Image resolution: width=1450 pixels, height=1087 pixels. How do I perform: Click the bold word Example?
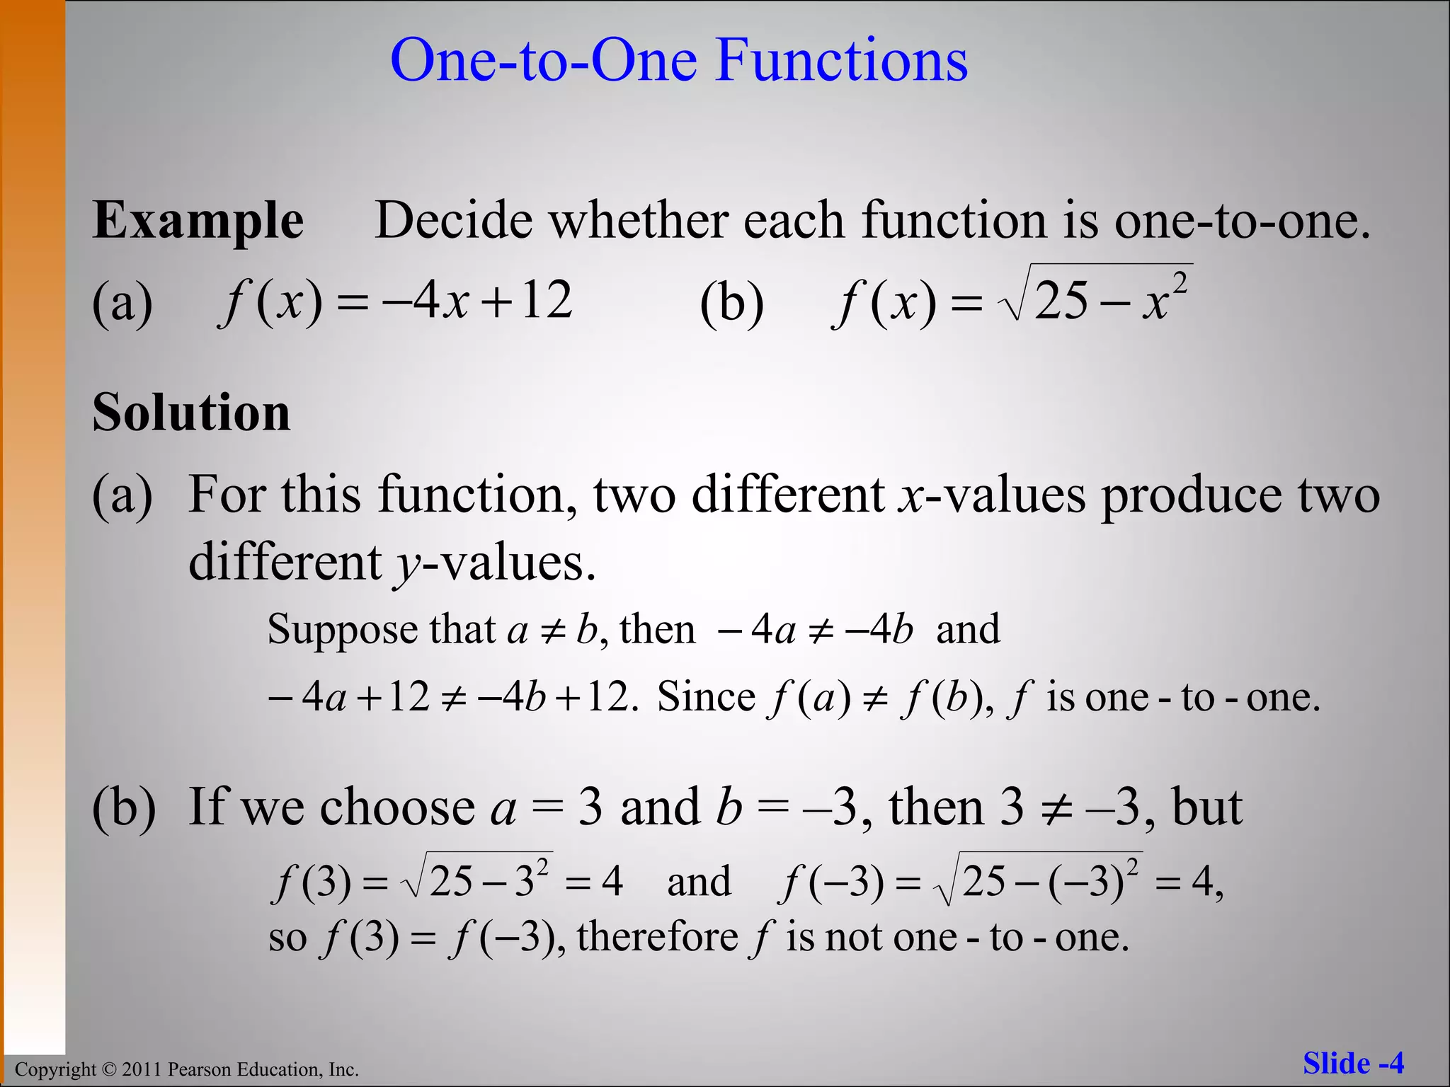click(198, 221)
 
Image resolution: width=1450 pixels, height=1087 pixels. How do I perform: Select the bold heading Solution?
click(191, 412)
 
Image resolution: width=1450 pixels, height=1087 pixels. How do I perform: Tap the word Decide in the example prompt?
click(453, 221)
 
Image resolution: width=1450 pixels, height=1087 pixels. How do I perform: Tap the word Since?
click(706, 698)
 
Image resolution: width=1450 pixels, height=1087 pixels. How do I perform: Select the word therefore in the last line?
click(658, 937)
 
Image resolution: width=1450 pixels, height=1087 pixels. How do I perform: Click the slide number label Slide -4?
click(1353, 1064)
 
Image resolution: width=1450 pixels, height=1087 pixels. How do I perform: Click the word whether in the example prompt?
click(638, 221)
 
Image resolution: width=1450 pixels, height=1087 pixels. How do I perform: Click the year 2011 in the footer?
click(142, 1069)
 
